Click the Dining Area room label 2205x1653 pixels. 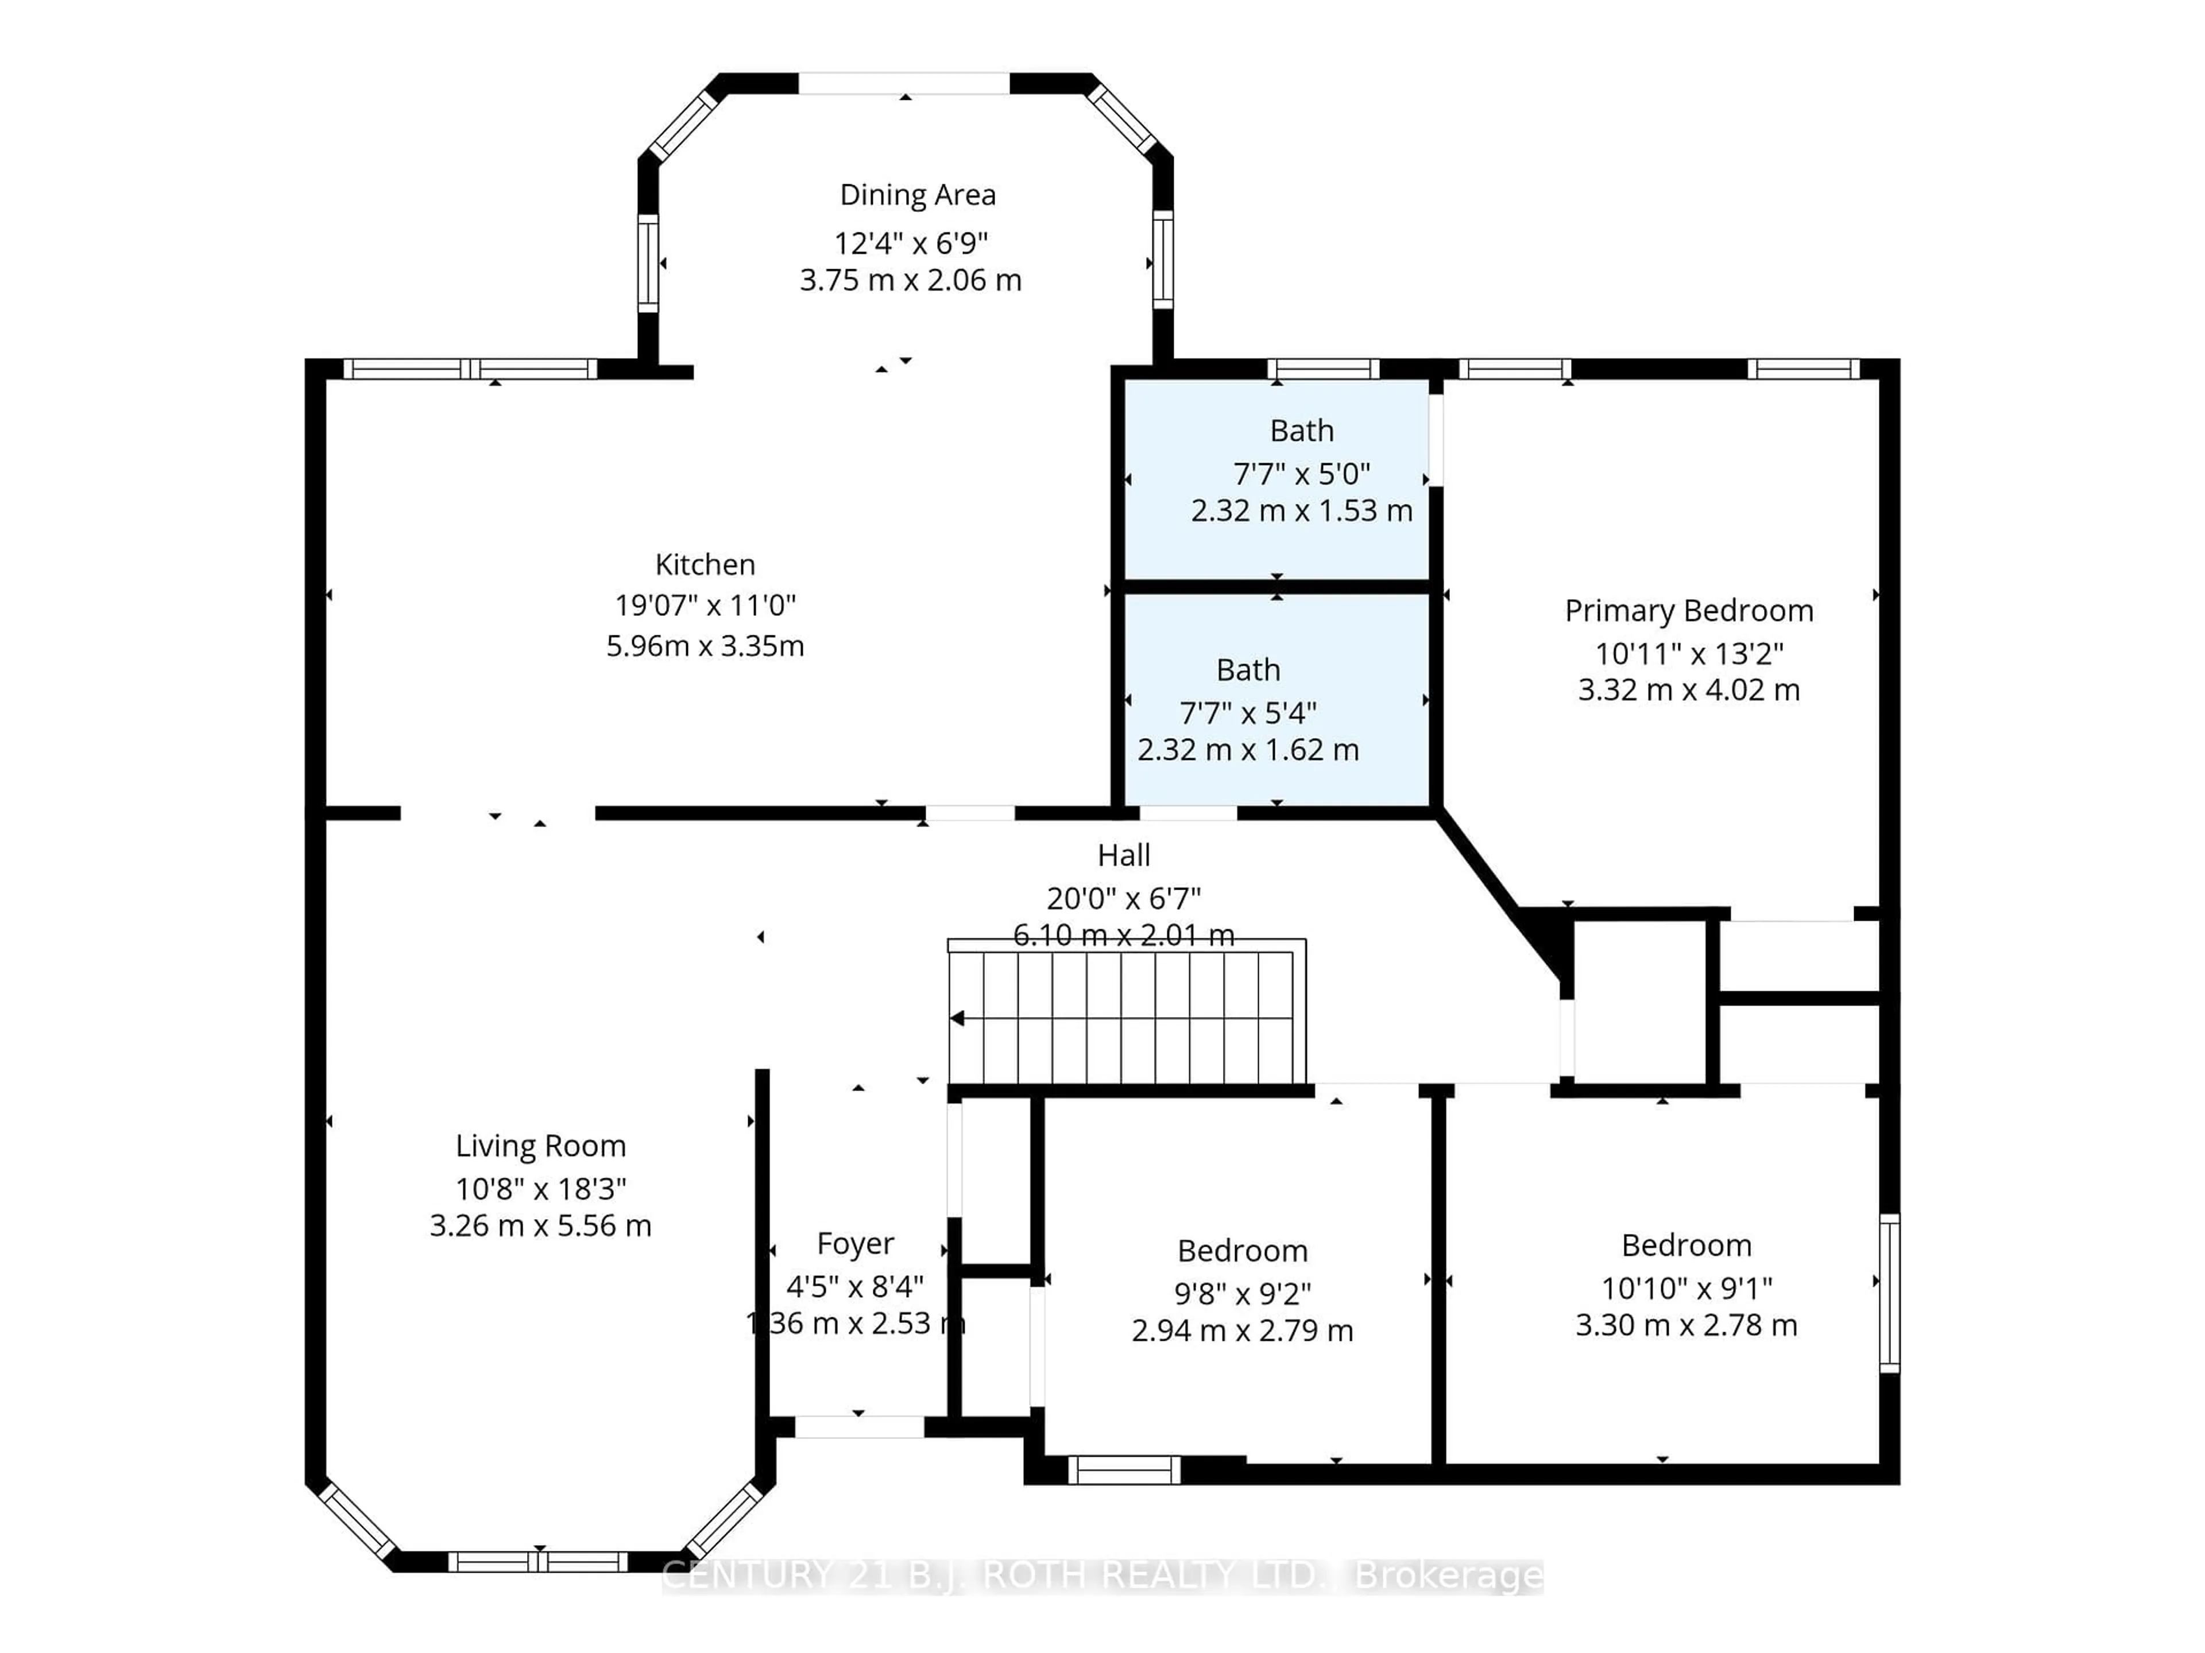click(917, 195)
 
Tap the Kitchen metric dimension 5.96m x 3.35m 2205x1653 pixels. click(705, 646)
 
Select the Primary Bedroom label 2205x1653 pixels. click(1689, 611)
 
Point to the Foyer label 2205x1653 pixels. click(855, 1244)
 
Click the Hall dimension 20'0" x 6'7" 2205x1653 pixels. click(1123, 899)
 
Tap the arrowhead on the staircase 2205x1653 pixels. click(957, 1018)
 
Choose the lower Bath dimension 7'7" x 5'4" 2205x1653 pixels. click(1248, 713)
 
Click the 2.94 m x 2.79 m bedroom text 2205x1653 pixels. click(1242, 1330)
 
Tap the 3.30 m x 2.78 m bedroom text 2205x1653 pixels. click(1686, 1325)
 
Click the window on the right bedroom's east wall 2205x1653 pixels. click(1889, 1293)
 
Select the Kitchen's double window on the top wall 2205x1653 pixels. click(470, 368)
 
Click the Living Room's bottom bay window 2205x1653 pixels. click(538, 1561)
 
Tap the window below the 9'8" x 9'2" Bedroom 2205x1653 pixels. click(1123, 1470)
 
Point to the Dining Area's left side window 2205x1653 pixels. click(648, 263)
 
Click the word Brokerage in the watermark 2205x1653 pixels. click(1448, 1576)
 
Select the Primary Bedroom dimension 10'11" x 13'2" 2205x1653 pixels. click(1689, 654)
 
